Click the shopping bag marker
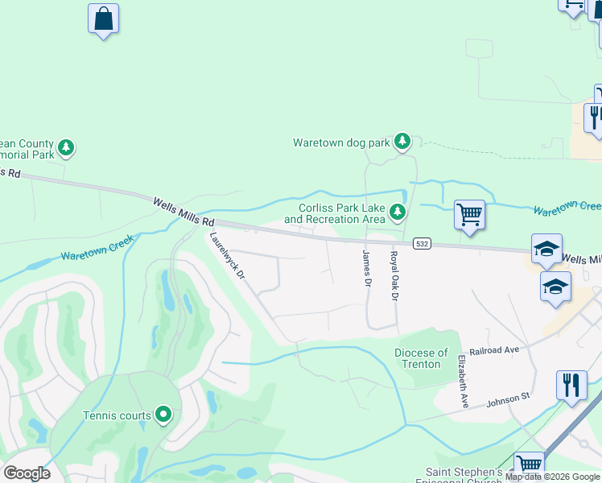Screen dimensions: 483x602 click(103, 19)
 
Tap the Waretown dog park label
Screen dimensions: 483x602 click(341, 143)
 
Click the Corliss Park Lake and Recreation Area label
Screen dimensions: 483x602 click(334, 213)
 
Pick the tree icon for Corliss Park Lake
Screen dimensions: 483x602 click(397, 213)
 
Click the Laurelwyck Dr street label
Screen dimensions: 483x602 click(227, 257)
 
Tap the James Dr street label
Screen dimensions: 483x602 click(366, 269)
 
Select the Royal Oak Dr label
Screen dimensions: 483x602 click(394, 276)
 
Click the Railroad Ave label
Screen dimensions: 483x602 click(499, 350)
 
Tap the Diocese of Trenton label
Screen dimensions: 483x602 click(422, 358)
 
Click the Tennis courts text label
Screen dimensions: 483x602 click(118, 416)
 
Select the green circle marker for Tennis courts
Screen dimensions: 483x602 click(163, 415)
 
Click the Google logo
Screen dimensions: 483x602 click(27, 473)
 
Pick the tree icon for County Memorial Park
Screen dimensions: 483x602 click(66, 148)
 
